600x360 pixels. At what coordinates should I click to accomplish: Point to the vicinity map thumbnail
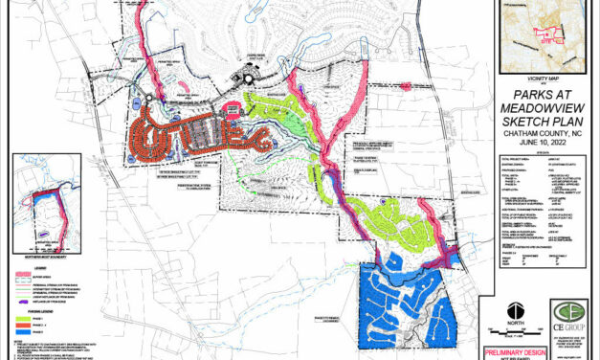tap(536, 38)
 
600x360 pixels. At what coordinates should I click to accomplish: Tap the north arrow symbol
tap(515, 310)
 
